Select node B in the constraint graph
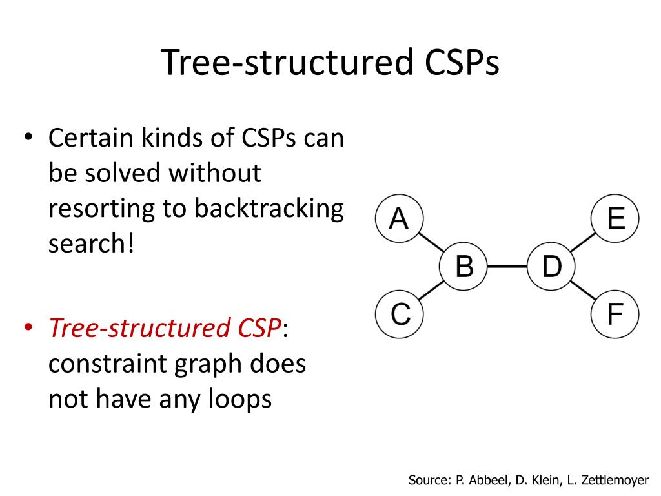[464, 266]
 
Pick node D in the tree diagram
[551, 266]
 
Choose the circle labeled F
[615, 315]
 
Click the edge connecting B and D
[507, 266]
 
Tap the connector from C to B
[432, 291]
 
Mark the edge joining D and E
[583, 243]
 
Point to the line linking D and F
[583, 291]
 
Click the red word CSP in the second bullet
[256, 328]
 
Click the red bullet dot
[28, 328]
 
